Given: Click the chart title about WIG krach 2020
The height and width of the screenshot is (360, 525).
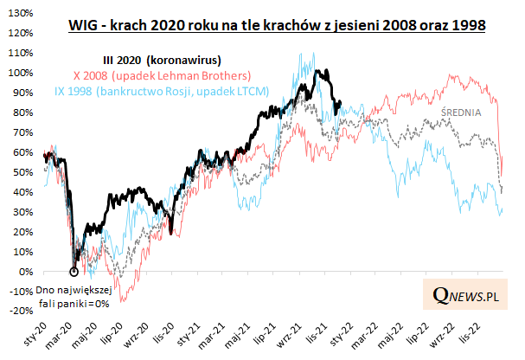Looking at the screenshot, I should click(x=276, y=27).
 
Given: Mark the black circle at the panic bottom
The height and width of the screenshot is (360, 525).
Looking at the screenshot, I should click(x=74, y=272).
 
